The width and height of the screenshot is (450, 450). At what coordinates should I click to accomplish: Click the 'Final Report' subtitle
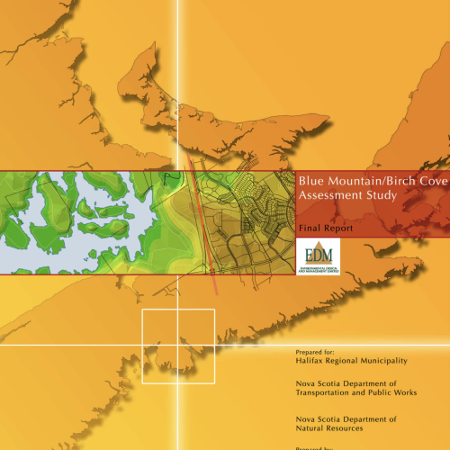(325, 229)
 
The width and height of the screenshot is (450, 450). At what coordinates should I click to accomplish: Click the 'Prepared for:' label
(319, 352)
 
